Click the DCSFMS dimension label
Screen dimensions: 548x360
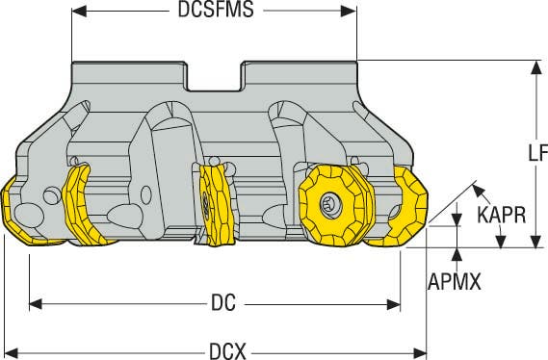216,10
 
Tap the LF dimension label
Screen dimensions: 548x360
537,153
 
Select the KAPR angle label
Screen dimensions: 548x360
502,215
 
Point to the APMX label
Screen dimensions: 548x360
455,281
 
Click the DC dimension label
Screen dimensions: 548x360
223,302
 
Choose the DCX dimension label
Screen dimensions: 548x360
227,350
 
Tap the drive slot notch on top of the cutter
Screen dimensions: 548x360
215,78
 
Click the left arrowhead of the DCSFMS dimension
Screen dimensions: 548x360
79,12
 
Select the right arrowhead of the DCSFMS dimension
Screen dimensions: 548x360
349,12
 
